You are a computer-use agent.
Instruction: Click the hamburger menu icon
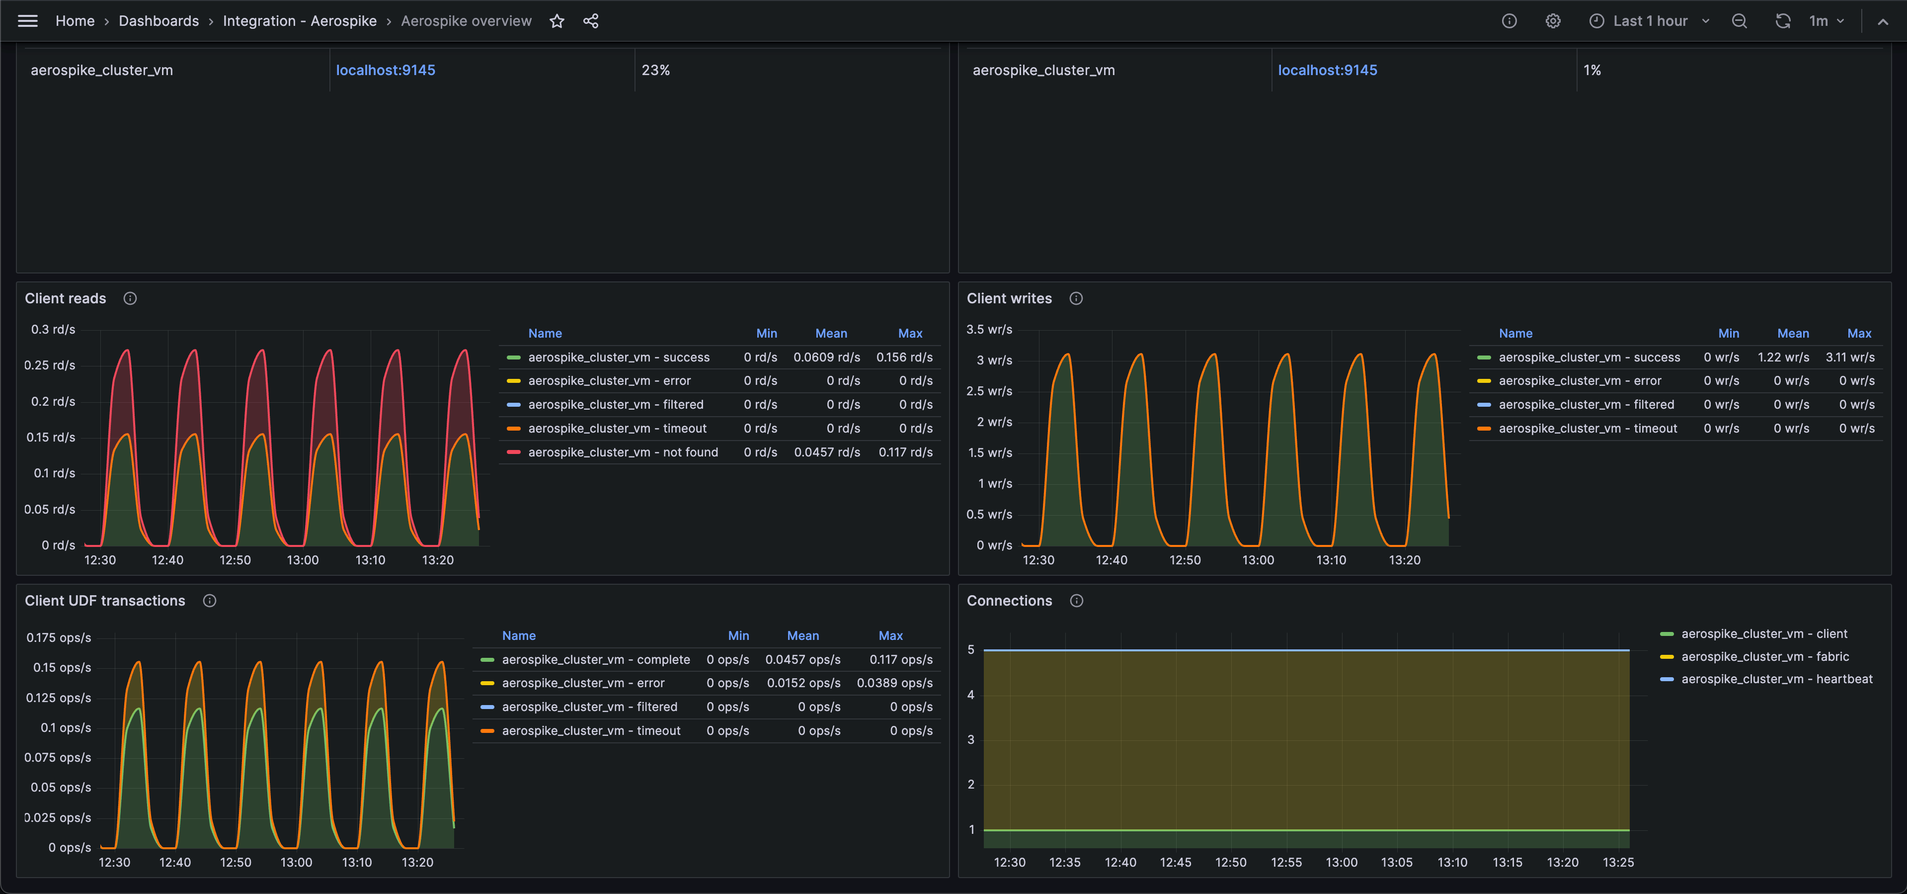pos(27,21)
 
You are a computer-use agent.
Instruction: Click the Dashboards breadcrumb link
pos(159,21)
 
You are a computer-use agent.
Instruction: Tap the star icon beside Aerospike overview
pos(556,21)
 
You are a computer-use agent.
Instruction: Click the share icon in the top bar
pos(591,21)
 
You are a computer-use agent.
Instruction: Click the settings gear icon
pos(1552,21)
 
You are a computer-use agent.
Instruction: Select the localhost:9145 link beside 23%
pos(385,71)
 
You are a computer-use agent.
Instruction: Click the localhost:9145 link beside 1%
pos(1327,71)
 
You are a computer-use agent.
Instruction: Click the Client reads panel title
pos(65,298)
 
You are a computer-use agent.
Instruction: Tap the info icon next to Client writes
pos(1076,298)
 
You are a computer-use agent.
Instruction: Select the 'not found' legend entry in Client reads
pos(623,452)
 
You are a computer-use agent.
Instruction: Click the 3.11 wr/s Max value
pos(1849,357)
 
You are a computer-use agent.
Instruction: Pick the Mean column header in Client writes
pos(1792,333)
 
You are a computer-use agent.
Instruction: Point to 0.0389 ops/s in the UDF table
pos(894,683)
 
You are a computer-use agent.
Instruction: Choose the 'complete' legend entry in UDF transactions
pos(595,659)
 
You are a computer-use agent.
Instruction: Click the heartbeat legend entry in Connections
pos(1776,679)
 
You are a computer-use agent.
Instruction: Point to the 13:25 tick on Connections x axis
pos(1617,862)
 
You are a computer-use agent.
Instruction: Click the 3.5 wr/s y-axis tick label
pos(989,330)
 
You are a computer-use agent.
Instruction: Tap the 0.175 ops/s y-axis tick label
pos(59,638)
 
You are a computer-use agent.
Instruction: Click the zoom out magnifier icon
pos(1739,21)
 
